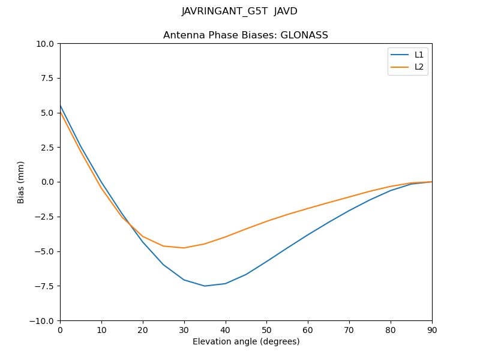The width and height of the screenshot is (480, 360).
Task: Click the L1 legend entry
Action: tap(419, 55)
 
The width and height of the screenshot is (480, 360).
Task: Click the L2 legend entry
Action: tap(419, 67)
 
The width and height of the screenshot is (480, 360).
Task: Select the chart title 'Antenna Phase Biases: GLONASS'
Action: tap(245, 35)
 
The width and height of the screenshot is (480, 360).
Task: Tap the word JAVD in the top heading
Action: tap(286, 11)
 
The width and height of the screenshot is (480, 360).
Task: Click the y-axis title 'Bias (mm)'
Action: tap(21, 182)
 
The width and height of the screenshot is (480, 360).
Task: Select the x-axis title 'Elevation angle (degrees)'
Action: tap(245, 341)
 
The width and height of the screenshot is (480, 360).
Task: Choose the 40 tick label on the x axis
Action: tap(225, 329)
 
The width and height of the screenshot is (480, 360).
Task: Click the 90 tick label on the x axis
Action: tap(431, 329)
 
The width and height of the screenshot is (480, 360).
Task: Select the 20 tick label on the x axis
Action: tap(143, 329)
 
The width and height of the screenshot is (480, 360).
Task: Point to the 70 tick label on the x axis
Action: tap(349, 329)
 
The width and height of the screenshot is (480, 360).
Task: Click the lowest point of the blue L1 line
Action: tap(205, 286)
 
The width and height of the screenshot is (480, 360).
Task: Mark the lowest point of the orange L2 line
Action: tap(184, 248)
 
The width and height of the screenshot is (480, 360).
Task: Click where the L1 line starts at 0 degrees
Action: tap(60, 106)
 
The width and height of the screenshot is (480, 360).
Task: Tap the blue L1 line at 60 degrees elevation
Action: tap(308, 235)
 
